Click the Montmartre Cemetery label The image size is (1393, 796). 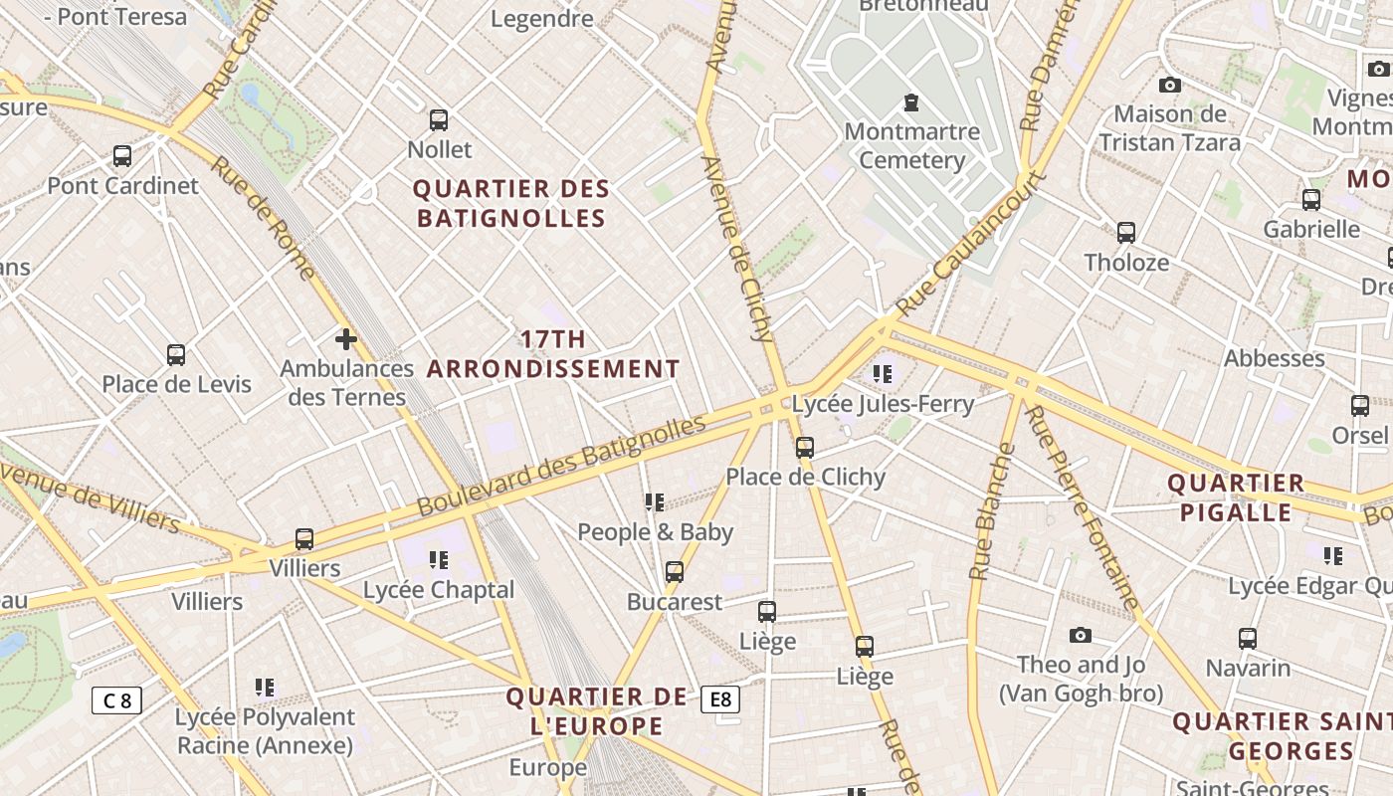(x=911, y=145)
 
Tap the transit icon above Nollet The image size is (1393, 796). (x=439, y=120)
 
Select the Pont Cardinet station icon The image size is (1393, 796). (x=122, y=156)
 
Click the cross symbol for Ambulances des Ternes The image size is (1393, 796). (x=346, y=340)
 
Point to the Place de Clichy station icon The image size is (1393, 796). (x=805, y=448)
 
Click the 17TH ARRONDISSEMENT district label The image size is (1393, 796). (x=553, y=354)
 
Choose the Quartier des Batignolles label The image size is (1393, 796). (x=511, y=203)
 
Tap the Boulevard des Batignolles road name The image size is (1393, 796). (x=561, y=465)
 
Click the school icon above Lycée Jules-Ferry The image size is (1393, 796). (x=882, y=374)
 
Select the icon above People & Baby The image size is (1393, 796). (x=654, y=502)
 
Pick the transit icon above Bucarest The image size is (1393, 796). (x=675, y=572)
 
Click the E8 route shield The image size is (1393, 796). (x=720, y=699)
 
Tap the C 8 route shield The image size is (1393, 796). (x=116, y=700)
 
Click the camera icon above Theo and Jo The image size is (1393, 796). (x=1081, y=635)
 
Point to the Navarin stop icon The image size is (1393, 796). (x=1248, y=639)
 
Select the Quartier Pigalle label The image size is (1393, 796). (x=1235, y=497)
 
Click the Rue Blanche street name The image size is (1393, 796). (x=992, y=511)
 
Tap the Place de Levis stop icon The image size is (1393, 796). (x=176, y=355)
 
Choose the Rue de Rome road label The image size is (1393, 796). (x=263, y=218)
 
